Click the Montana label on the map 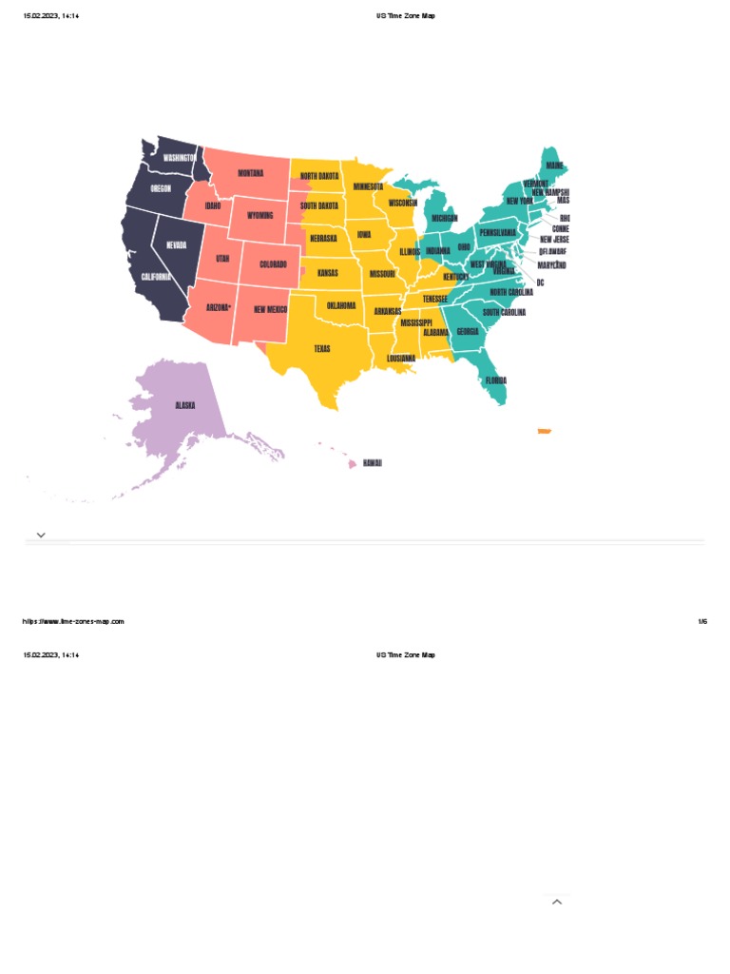click(x=251, y=173)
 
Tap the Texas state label click(x=322, y=349)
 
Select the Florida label click(x=496, y=380)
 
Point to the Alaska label click(x=185, y=405)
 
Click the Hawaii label click(x=372, y=463)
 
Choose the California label click(x=157, y=277)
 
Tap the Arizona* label click(x=219, y=307)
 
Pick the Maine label click(x=554, y=166)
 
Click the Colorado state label click(x=273, y=264)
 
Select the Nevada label click(x=177, y=244)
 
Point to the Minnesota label click(x=368, y=187)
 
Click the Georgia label click(x=467, y=332)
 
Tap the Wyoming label click(x=259, y=216)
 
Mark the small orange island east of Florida click(x=545, y=432)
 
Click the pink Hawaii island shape click(x=352, y=464)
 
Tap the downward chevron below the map click(x=41, y=536)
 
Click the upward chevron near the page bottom click(x=557, y=902)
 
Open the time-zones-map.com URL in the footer click(x=73, y=622)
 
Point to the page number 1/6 click(x=702, y=622)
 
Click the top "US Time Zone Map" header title click(x=406, y=16)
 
